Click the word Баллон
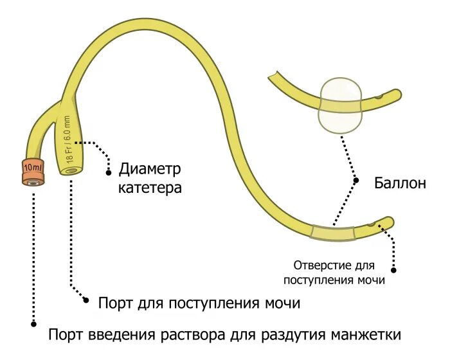pyautogui.click(x=399, y=183)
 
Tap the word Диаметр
pyautogui.click(x=150, y=169)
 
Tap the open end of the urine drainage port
pyautogui.click(x=72, y=171)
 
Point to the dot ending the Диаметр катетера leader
pyautogui.click(x=107, y=172)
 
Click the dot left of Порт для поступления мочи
pyautogui.click(x=85, y=300)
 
